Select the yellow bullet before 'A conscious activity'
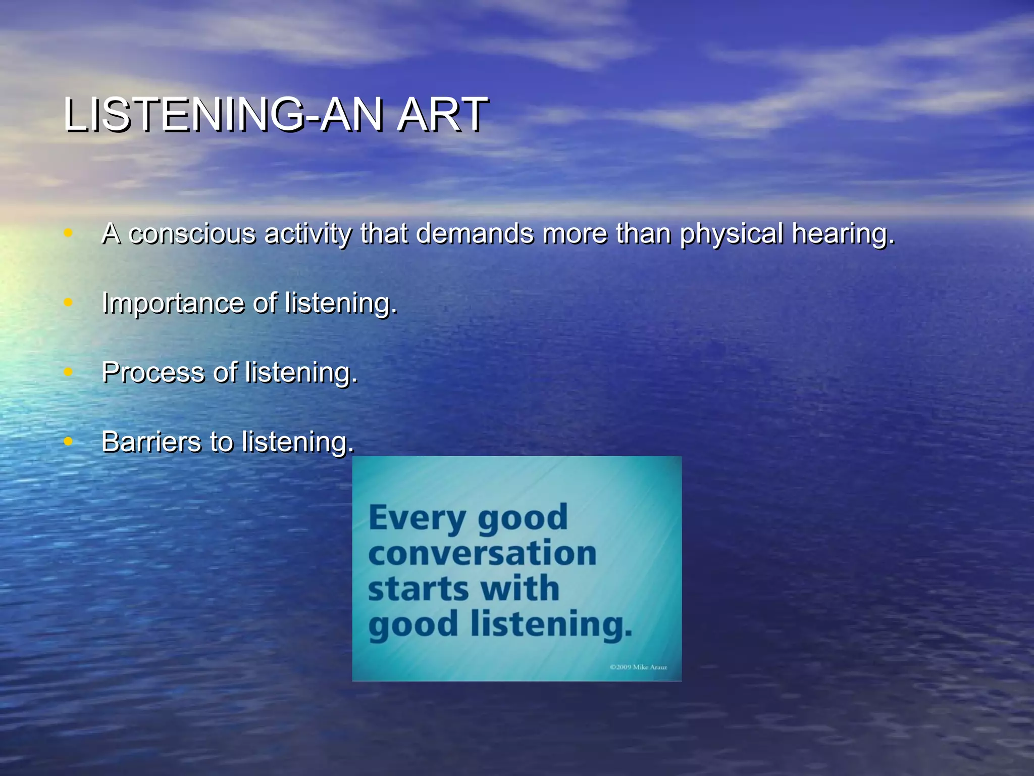point(68,233)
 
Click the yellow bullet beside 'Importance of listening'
point(68,303)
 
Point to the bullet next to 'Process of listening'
point(68,372)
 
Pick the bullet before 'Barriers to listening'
point(68,441)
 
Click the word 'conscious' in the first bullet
point(192,234)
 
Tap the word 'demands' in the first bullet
point(475,234)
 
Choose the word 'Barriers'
point(151,442)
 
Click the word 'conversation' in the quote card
point(482,553)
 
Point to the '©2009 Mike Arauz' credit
point(638,667)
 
